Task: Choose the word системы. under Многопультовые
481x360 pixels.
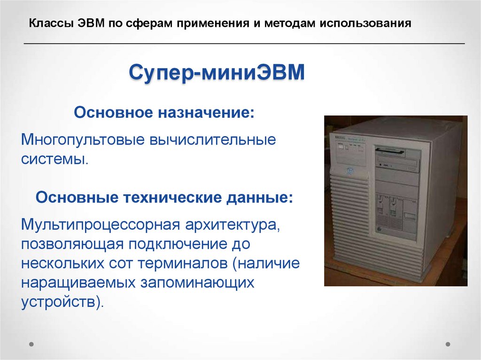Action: (x=54, y=158)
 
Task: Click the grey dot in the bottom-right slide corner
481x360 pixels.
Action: (x=448, y=344)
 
